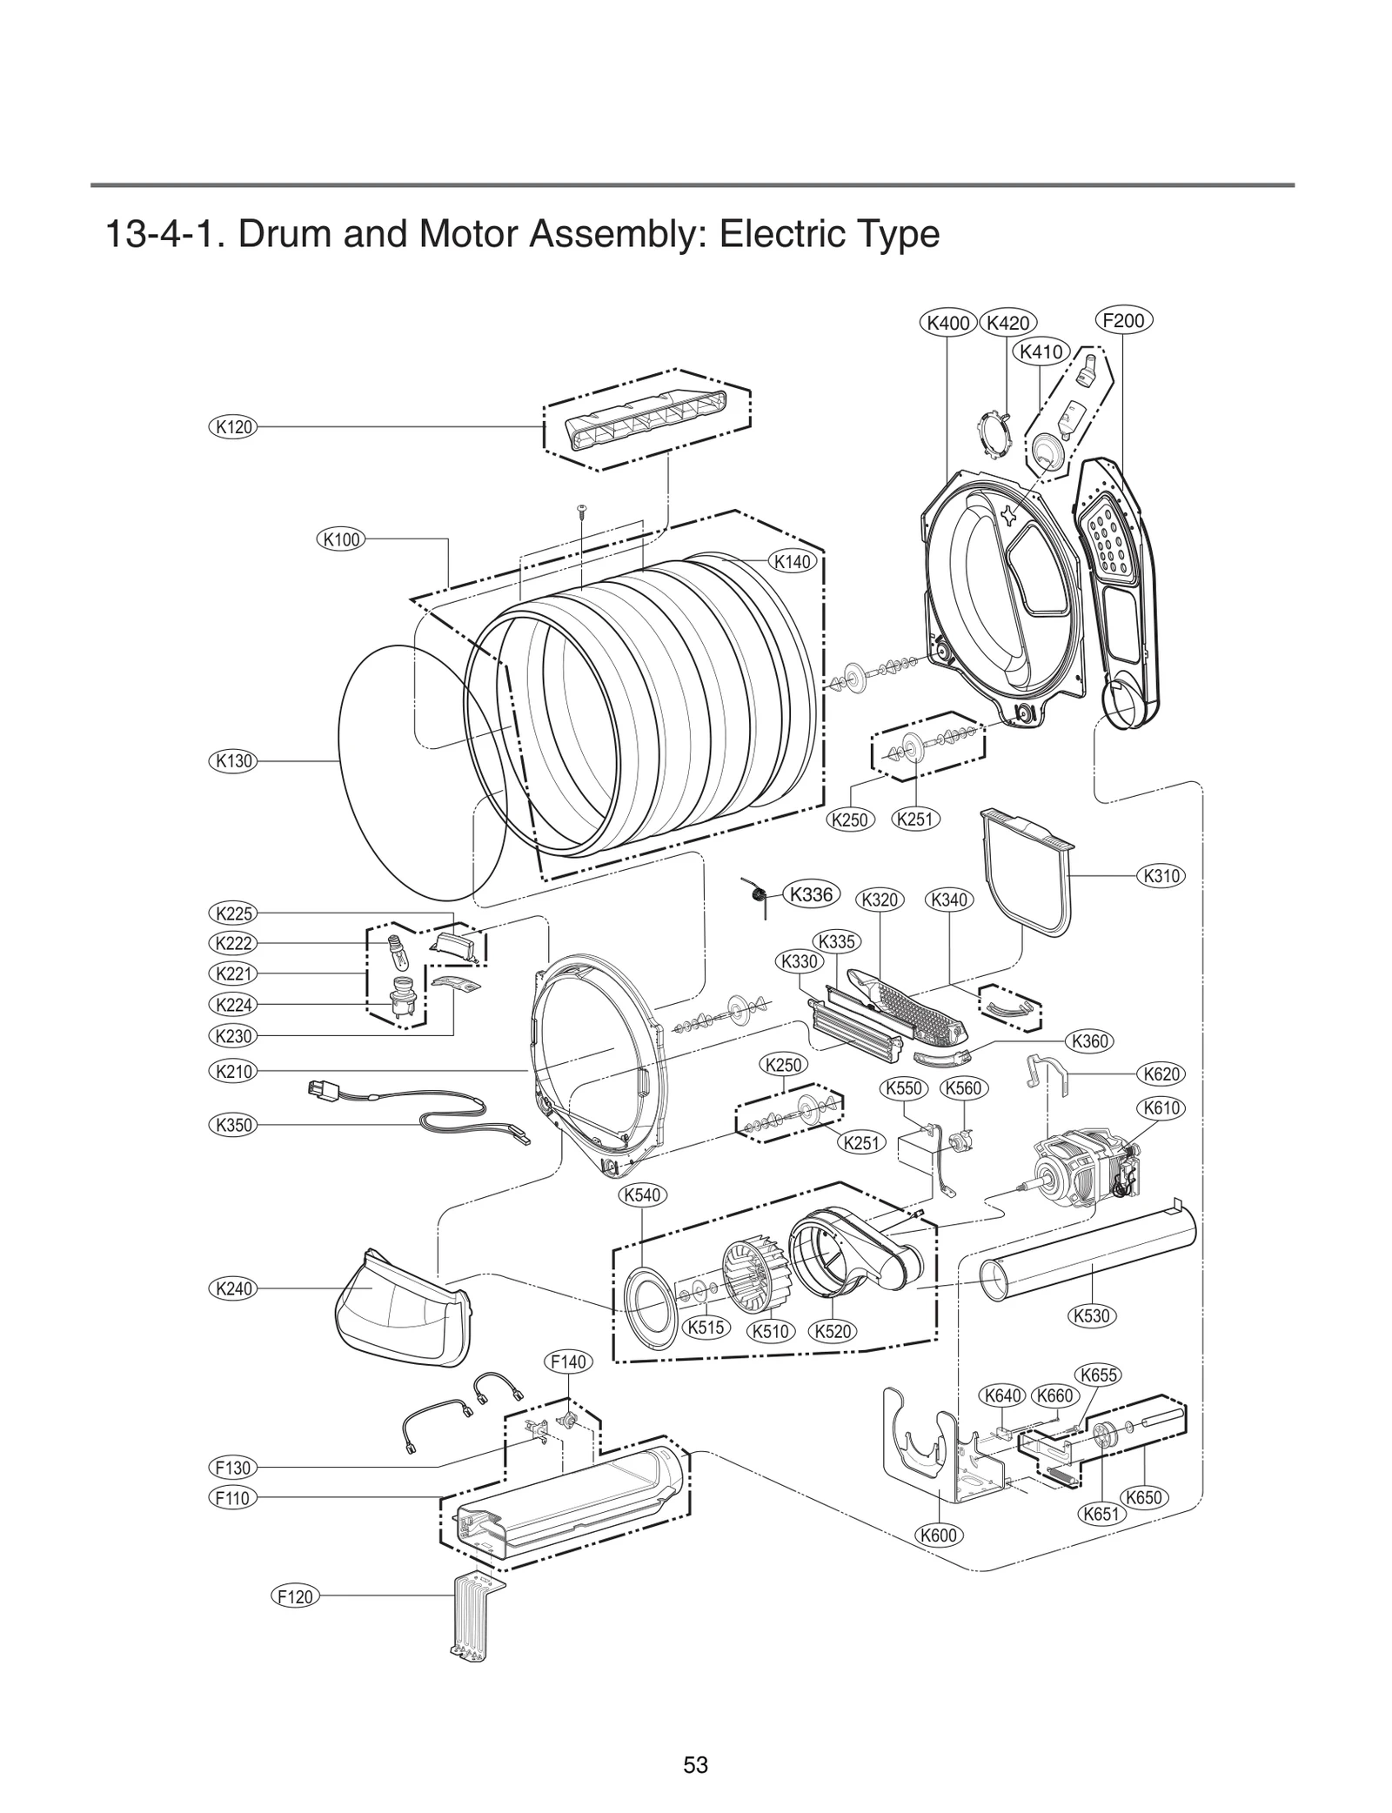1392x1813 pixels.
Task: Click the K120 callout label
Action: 233,427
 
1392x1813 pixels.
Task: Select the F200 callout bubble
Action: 1123,320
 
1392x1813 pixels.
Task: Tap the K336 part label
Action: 811,894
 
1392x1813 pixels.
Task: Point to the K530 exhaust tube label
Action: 1091,1315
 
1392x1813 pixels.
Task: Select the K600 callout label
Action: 939,1535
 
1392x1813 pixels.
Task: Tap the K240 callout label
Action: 233,1288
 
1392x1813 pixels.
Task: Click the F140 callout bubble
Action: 568,1361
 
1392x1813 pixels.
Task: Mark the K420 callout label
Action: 1008,323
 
